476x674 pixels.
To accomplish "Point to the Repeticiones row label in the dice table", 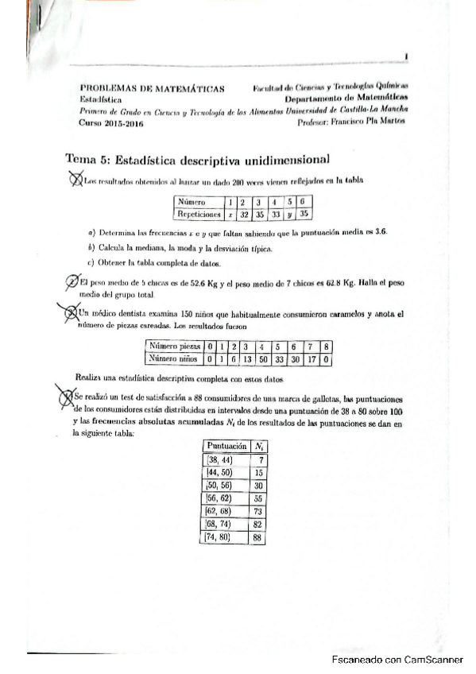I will click(199, 214).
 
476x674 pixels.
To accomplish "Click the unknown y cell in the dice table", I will click(291, 214).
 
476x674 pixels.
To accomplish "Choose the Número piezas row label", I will click(173, 347).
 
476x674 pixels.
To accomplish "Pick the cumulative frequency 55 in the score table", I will click(258, 497).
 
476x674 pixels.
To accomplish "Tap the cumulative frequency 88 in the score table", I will click(257, 538).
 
